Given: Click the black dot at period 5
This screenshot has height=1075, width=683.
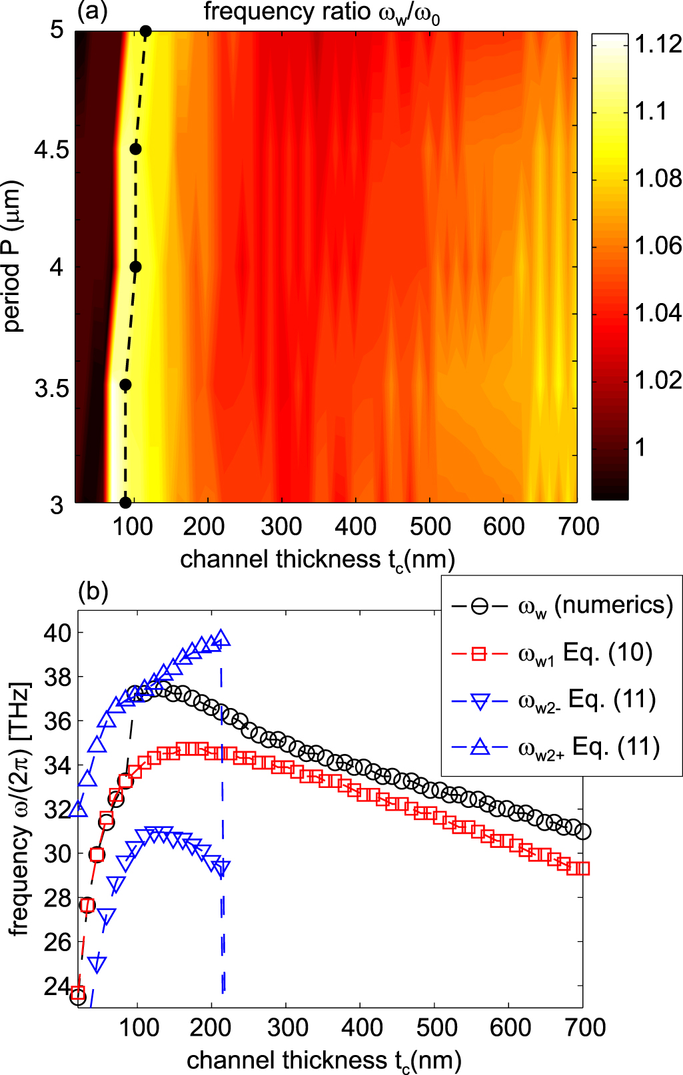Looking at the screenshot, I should click(x=146, y=31).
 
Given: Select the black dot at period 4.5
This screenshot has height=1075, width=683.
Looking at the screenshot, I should click(x=135, y=149).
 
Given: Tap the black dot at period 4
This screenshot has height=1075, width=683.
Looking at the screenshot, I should click(x=135, y=267).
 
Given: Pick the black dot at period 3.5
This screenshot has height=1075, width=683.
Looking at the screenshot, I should click(x=125, y=385).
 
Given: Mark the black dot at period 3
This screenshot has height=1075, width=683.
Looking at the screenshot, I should click(x=125, y=502).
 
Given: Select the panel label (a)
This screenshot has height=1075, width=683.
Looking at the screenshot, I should click(x=93, y=12).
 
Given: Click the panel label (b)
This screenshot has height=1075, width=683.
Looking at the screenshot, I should click(x=93, y=591).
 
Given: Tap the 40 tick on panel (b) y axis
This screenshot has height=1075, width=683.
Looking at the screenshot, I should click(x=57, y=633).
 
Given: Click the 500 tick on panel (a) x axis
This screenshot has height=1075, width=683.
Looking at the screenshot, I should click(x=430, y=526).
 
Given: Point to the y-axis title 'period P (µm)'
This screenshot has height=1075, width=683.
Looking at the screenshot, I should click(x=13, y=256).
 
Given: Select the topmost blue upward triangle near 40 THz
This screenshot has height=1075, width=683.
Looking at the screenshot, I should click(x=222, y=638).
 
